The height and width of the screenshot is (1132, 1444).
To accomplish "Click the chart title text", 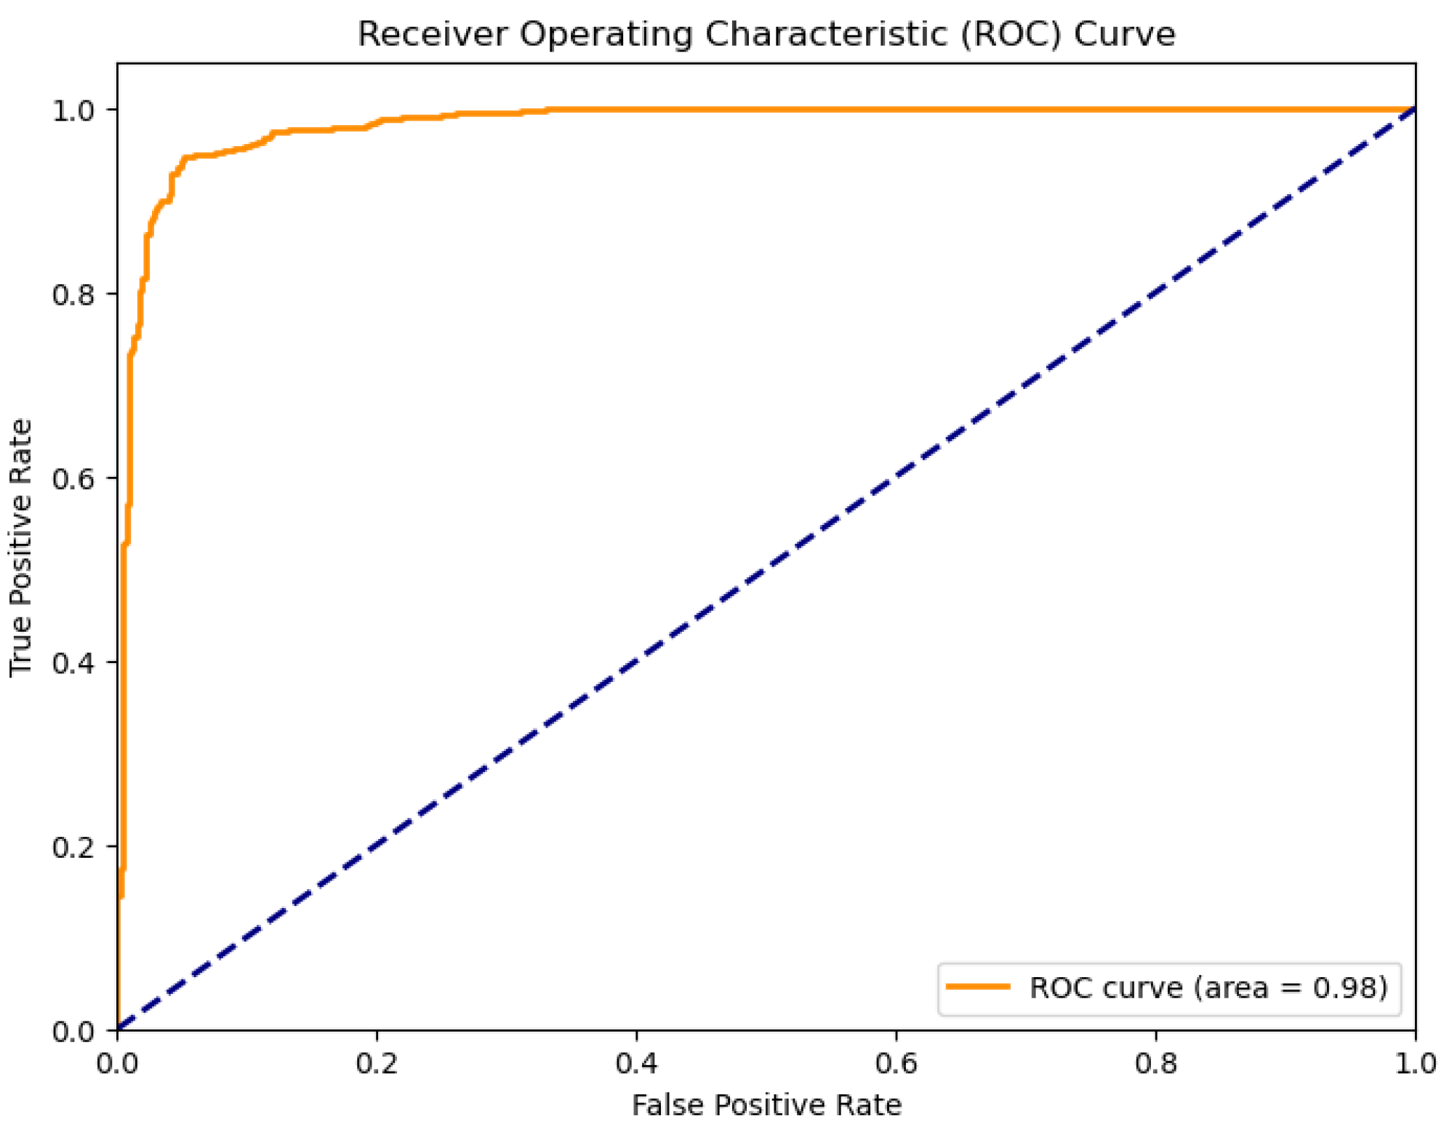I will click(x=766, y=34).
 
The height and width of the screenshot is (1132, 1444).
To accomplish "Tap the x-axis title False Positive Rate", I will click(x=766, y=1104).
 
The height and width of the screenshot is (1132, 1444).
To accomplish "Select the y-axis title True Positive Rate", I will click(x=21, y=547).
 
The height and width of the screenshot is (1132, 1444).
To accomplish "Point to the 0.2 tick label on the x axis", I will click(x=377, y=1064).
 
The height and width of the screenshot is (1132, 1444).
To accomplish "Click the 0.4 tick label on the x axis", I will click(x=636, y=1064).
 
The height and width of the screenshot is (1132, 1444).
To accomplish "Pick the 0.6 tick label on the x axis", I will click(x=896, y=1064).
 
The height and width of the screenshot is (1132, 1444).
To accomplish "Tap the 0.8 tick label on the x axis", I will click(x=1155, y=1064).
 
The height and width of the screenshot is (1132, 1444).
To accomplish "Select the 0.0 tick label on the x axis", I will click(x=117, y=1064).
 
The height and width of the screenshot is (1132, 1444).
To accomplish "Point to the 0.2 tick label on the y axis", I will click(x=73, y=847).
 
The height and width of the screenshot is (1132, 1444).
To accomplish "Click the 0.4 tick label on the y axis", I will click(x=73, y=662).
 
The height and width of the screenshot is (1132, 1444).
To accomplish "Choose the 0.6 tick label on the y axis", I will click(x=73, y=478).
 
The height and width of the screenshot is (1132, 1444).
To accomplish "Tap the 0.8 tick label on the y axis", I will click(x=73, y=294).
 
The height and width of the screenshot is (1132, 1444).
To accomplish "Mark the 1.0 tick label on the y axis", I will click(x=73, y=111).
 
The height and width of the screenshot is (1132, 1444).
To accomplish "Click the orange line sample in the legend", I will click(x=978, y=987).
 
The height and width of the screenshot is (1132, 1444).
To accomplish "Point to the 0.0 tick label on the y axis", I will click(x=73, y=1031).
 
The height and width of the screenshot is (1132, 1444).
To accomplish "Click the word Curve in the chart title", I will click(x=1124, y=34).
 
